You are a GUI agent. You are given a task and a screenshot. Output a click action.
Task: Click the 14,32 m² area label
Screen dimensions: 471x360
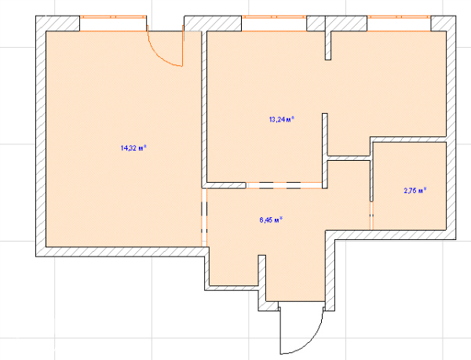tap(133, 148)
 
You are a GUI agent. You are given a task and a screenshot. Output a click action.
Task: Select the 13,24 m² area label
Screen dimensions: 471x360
tap(282, 120)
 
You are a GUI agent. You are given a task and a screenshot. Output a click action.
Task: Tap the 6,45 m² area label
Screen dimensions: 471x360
tap(272, 220)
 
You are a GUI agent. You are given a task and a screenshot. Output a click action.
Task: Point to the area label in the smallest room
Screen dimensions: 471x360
tap(415, 191)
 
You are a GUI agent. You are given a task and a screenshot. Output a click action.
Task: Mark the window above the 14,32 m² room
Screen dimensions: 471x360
tap(113, 24)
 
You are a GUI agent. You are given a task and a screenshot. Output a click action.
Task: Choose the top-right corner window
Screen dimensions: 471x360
tap(399, 24)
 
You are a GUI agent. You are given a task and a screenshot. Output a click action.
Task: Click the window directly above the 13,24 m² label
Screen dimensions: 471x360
tap(274, 24)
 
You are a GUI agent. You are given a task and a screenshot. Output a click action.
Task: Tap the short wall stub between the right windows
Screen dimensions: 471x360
tap(328, 45)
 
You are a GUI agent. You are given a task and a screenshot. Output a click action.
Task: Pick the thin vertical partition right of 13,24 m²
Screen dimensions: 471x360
tap(325, 151)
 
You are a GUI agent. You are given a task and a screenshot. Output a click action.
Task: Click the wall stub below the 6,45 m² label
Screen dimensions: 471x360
tap(262, 278)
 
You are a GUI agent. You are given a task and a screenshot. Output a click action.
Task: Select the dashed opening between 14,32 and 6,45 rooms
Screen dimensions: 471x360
tap(204, 217)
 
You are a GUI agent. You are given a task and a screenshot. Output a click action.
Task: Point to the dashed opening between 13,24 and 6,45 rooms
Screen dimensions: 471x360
tap(284, 185)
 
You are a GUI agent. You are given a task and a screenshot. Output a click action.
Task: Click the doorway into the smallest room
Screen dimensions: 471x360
tap(371, 216)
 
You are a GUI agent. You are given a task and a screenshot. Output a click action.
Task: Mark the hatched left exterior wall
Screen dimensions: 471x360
tap(41, 136)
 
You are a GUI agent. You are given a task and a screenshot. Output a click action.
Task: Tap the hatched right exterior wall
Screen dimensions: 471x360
tap(451, 128)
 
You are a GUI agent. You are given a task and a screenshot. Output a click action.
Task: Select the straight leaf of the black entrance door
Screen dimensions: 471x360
tap(280, 330)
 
